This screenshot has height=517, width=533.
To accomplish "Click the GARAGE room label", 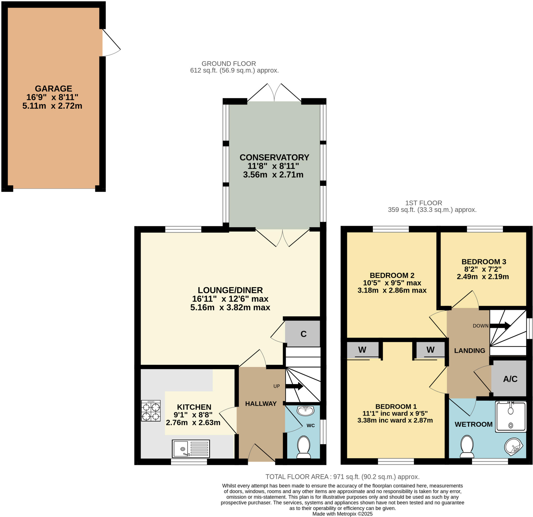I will pos(53,89).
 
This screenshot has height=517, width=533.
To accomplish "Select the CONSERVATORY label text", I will pos(274,157).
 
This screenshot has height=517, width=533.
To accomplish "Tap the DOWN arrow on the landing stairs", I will pos(500,326).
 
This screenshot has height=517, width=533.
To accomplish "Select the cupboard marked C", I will pos(303,334).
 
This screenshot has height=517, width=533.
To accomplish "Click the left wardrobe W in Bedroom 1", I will pos(362,350).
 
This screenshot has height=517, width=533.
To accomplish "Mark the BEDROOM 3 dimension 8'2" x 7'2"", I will pos(483,269).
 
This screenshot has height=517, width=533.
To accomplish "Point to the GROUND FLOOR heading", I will pos(229,63).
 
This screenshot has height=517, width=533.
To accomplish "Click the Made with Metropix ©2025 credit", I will pos(342,514).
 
